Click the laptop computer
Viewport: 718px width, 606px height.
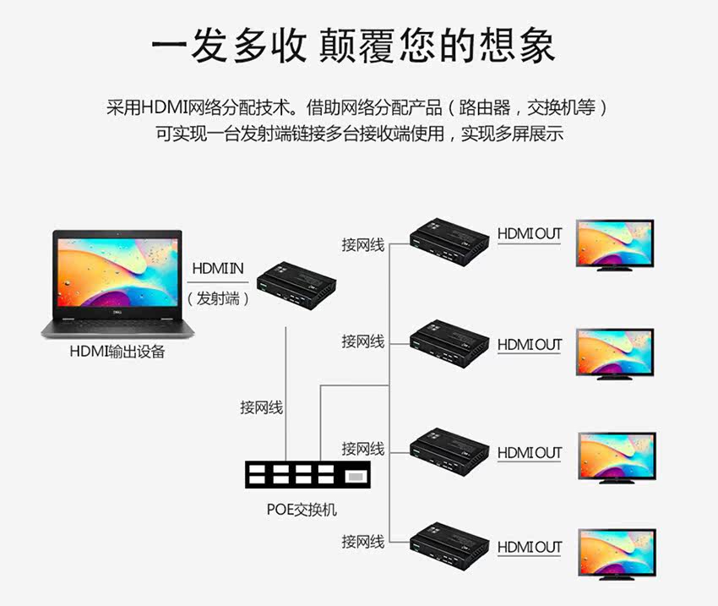(x=117, y=284)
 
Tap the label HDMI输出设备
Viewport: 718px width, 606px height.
(x=117, y=352)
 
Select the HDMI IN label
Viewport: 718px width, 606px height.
(x=218, y=269)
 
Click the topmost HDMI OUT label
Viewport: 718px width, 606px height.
(x=529, y=233)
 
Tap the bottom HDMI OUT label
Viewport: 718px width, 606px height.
(x=529, y=547)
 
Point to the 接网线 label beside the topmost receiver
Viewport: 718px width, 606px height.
(x=363, y=245)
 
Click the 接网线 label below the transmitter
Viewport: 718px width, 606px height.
(x=262, y=407)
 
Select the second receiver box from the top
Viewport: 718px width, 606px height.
(x=450, y=340)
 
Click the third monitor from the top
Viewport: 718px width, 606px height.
(x=617, y=456)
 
